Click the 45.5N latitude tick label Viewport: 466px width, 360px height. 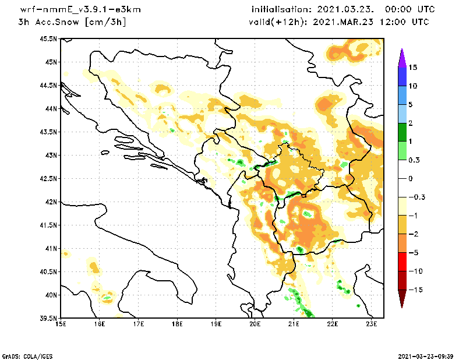(x=48, y=39)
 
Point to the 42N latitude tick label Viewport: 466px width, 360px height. (x=51, y=202)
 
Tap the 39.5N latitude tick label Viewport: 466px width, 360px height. (x=48, y=319)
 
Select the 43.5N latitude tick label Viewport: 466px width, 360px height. (x=48, y=132)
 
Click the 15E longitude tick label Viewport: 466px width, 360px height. (x=61, y=324)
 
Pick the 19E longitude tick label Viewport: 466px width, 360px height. (x=216, y=324)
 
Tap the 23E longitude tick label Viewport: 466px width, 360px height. (x=372, y=324)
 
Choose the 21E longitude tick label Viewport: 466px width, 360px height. (x=294, y=324)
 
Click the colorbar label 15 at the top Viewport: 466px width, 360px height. (x=412, y=68)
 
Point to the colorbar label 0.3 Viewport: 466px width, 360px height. (x=414, y=160)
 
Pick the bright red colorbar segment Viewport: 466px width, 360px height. (x=402, y=262)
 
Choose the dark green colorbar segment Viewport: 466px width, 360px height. (x=402, y=132)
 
